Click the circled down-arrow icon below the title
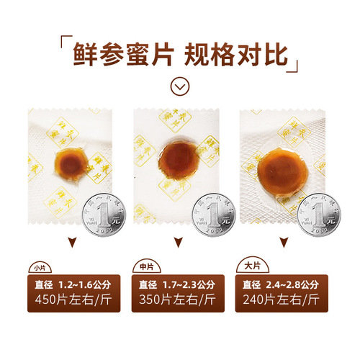click(x=180, y=86)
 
